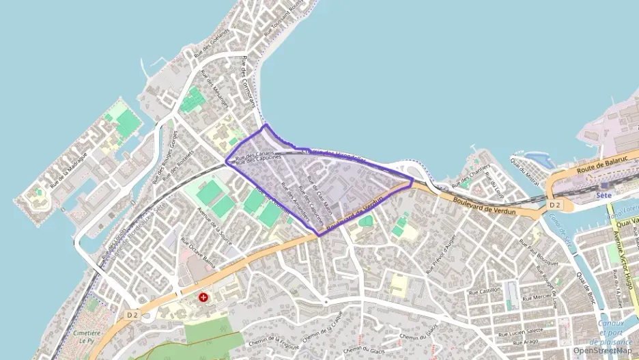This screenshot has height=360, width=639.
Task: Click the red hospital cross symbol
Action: click(x=203, y=298)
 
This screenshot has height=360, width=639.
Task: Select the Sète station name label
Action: click(x=602, y=195)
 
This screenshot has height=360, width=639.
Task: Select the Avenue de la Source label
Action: click(x=214, y=223)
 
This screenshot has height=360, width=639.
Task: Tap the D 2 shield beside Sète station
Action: click(x=554, y=204)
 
